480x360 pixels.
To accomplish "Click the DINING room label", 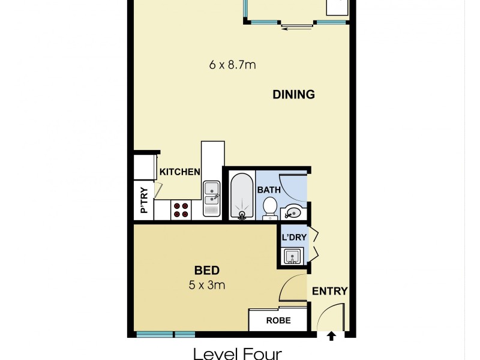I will (x=293, y=94).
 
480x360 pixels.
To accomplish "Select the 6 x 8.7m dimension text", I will (x=232, y=65).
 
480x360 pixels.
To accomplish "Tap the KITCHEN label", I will (x=179, y=172).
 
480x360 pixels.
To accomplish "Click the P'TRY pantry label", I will (x=144, y=200).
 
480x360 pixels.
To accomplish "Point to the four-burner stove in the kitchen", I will (x=181, y=209).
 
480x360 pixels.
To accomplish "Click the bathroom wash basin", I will (x=293, y=211).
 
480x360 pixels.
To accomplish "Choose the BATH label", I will (x=269, y=190).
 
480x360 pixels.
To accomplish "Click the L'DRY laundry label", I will (x=294, y=237).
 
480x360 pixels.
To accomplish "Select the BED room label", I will (x=206, y=271).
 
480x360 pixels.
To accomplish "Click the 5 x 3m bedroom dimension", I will (x=206, y=285).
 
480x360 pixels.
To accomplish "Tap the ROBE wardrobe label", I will (x=278, y=320).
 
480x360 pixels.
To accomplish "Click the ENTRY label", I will (x=329, y=291).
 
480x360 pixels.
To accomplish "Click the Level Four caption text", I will (x=237, y=353).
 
